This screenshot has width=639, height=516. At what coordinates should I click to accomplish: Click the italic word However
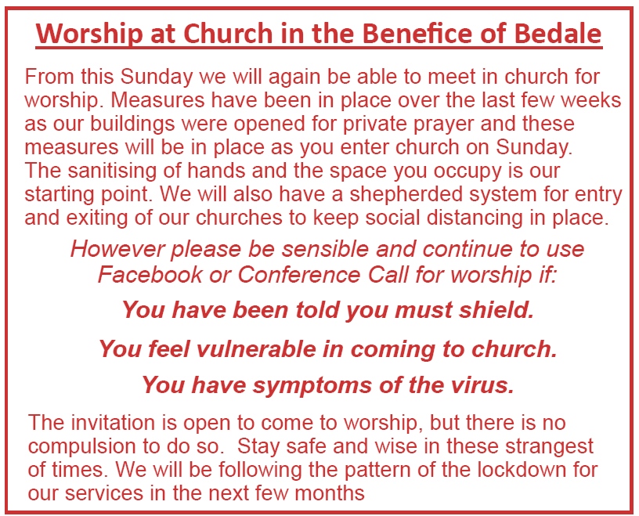click(x=117, y=249)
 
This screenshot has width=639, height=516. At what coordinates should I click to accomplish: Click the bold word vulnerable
click(x=262, y=348)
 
